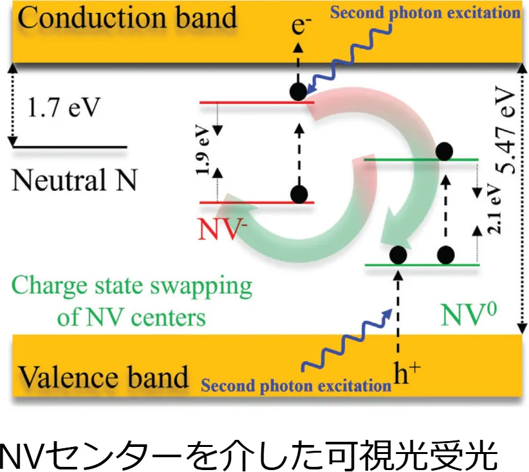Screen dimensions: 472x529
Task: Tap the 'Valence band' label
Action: click(103, 377)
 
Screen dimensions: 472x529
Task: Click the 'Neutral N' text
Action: click(75, 181)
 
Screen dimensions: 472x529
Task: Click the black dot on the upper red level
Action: click(297, 92)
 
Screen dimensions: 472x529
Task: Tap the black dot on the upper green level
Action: click(445, 152)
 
